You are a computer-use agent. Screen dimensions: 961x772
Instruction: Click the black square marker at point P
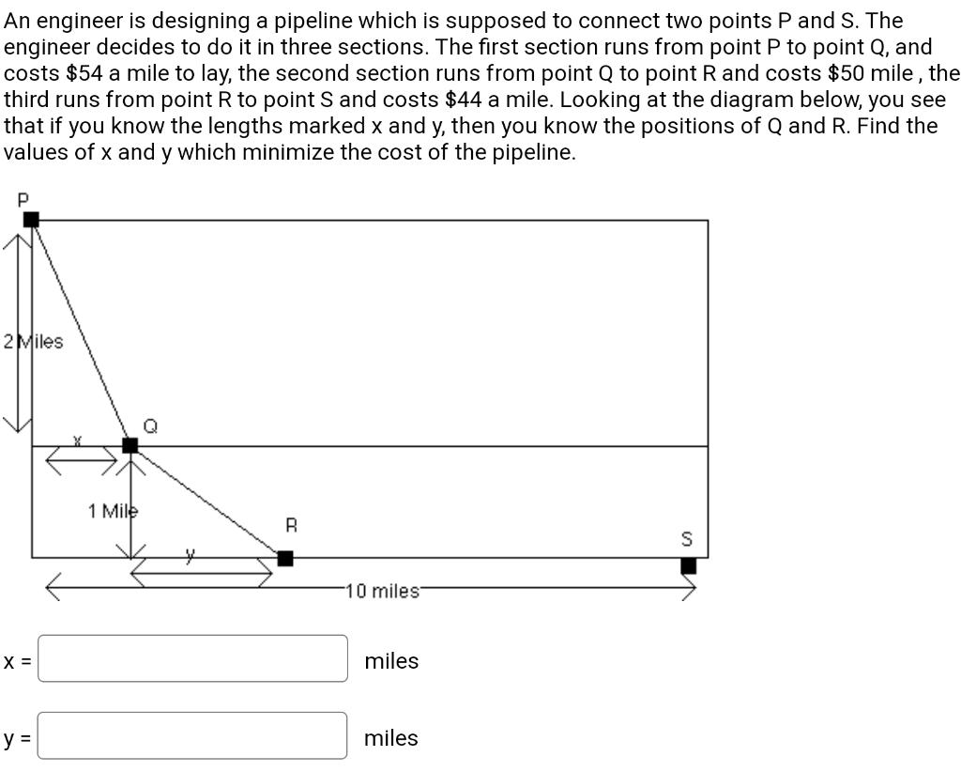point(31,219)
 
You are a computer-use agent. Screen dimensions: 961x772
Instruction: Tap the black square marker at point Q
point(130,444)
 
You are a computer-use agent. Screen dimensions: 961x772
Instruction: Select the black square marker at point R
point(285,559)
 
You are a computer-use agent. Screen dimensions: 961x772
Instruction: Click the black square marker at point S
point(688,565)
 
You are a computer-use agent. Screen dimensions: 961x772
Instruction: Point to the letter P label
point(23,199)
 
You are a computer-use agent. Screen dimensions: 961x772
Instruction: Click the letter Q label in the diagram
point(150,425)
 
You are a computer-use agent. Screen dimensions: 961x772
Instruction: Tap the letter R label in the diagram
point(291,526)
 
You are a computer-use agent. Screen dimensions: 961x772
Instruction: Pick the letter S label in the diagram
point(686,540)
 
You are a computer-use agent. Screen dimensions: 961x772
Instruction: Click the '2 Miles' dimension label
point(34,342)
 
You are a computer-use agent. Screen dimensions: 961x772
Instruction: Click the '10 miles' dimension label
point(383,592)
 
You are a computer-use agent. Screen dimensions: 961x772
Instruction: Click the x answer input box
point(192,658)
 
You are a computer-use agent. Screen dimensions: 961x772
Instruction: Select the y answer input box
point(192,735)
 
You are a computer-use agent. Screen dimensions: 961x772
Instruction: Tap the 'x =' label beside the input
point(17,661)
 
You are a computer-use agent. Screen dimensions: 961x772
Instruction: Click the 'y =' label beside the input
point(17,738)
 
